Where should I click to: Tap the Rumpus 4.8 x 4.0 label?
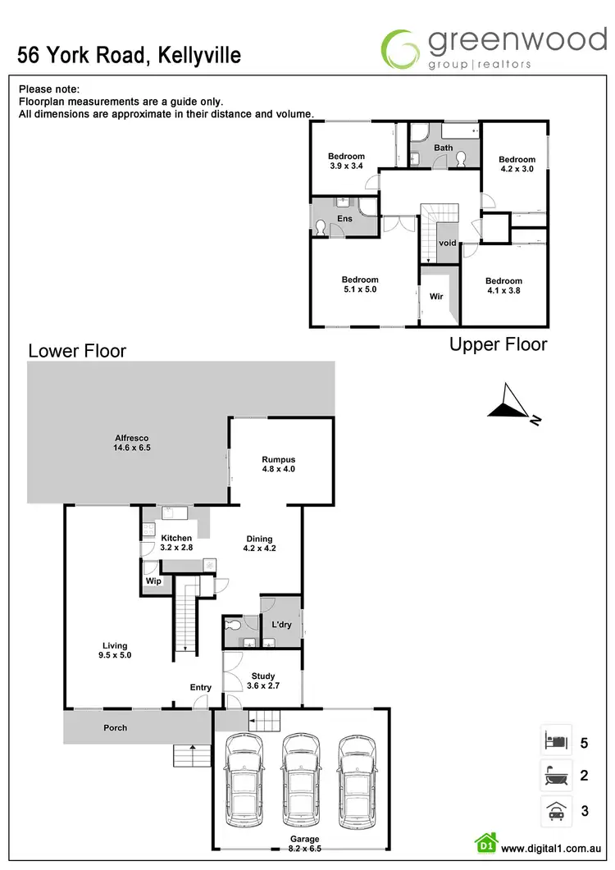(278, 464)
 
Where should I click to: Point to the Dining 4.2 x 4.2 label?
(260, 544)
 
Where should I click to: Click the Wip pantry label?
(153, 581)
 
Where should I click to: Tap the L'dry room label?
(281, 625)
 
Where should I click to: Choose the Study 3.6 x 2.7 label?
(263, 681)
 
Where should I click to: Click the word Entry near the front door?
(200, 687)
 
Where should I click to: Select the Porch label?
(116, 727)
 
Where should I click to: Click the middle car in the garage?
(299, 779)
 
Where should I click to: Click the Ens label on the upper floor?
(344, 219)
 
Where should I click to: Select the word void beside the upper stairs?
(447, 244)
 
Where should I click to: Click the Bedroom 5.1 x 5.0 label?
(359, 285)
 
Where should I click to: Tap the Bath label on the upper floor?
(443, 148)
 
